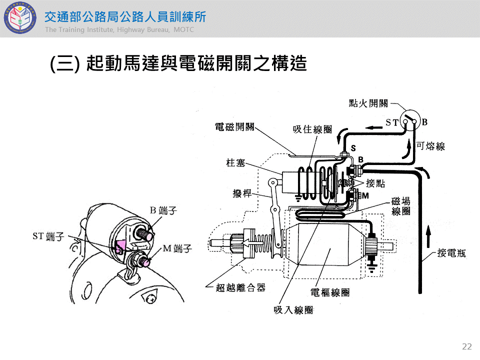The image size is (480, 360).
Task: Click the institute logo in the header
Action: (20, 18)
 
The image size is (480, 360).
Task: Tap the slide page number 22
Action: (467, 346)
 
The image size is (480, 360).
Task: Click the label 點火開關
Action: (368, 103)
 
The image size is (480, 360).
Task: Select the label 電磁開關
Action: (234, 126)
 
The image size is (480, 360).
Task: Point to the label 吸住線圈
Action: (312, 129)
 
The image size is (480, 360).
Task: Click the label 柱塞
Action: (235, 162)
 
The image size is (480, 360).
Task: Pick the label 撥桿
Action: (242, 193)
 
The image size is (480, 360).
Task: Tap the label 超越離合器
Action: (240, 287)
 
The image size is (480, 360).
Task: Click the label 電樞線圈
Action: (330, 292)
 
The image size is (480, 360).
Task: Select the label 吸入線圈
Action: (293, 310)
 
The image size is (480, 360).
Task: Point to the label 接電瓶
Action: (451, 253)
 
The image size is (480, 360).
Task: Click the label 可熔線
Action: (430, 146)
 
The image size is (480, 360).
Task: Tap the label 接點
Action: (375, 183)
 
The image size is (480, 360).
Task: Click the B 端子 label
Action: (163, 210)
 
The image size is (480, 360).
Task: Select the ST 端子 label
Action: (48, 236)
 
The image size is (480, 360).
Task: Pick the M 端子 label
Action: (177, 248)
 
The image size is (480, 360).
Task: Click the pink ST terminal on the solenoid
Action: (120, 246)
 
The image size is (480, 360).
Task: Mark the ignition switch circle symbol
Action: (410, 120)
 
